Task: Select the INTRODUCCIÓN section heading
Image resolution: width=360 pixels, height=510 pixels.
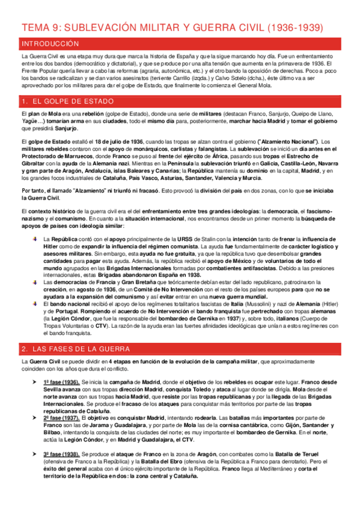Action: tap(50, 44)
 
